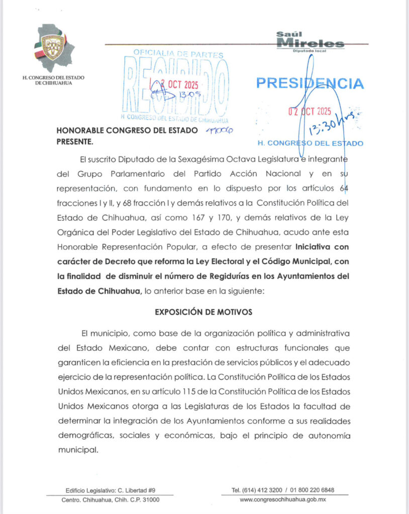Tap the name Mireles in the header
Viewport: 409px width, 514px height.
coord(311,44)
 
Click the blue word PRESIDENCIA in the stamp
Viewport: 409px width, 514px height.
coord(310,83)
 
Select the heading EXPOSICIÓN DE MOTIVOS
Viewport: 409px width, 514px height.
coord(203,312)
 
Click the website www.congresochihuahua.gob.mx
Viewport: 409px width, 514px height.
coord(283,499)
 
